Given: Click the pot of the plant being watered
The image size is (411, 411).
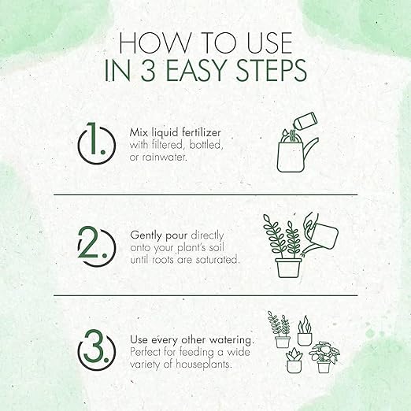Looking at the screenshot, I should (290, 265).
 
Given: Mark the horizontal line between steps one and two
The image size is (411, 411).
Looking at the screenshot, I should (205, 194).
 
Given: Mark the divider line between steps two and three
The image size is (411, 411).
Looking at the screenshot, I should (205, 295).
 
